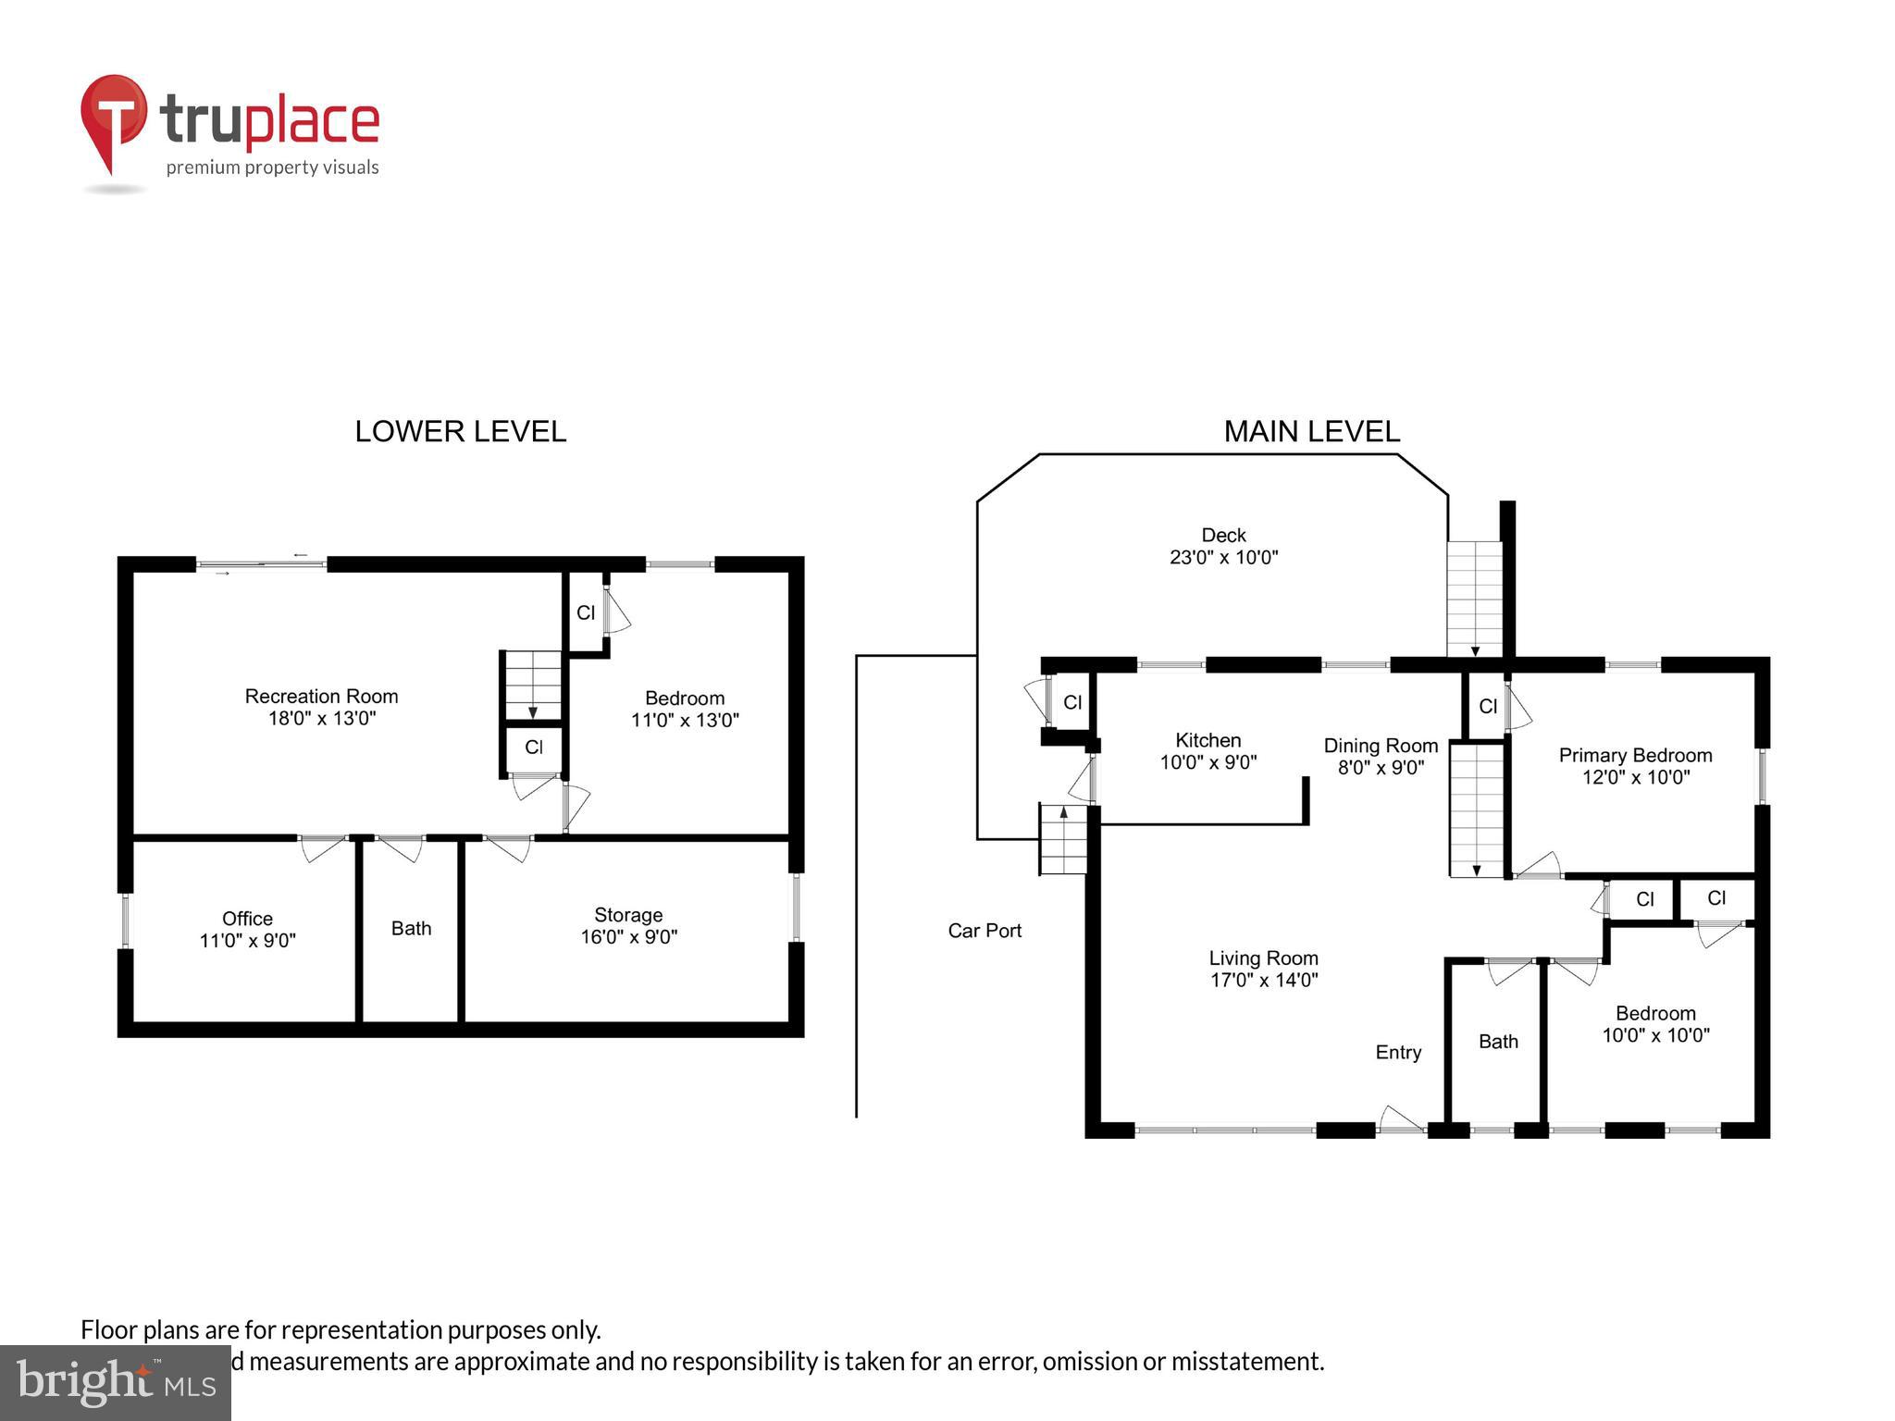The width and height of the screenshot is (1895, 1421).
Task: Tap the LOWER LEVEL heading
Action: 460,432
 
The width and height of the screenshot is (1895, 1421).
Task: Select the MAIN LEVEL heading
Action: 1311,432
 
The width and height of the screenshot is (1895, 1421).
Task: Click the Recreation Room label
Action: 321,697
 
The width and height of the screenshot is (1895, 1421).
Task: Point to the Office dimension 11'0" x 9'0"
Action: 247,941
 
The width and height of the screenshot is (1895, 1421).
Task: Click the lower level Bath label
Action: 411,929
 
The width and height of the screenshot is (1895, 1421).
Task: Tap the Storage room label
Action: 628,915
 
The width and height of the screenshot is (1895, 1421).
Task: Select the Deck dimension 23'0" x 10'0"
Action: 1223,558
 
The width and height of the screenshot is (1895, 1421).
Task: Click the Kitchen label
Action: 1208,740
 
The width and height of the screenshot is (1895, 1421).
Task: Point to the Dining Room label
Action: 1381,746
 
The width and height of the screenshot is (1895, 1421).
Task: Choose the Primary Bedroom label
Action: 1635,756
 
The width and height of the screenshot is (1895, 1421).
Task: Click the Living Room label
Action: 1263,958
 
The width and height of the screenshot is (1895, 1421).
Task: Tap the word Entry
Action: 1398,1053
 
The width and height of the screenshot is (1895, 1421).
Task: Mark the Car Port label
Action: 985,931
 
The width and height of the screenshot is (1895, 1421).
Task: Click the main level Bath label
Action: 1498,1042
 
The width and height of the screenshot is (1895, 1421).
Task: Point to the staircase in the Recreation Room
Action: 532,685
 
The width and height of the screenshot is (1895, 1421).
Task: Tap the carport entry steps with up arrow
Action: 1063,839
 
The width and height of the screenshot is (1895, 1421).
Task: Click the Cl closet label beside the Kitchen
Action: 1072,703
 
